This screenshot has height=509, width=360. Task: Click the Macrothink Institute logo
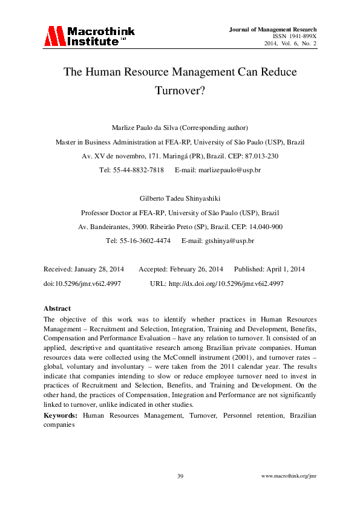(88, 36)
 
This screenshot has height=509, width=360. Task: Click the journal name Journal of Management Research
(273, 29)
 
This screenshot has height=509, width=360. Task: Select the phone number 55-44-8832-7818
(140, 170)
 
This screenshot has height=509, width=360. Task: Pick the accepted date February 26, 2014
(197, 269)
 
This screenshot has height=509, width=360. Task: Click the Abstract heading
(57, 308)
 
